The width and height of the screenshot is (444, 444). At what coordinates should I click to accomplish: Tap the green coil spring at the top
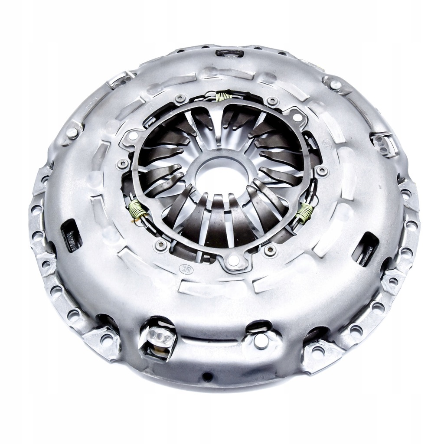(224, 96)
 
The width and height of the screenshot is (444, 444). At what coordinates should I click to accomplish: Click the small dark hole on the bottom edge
(207, 376)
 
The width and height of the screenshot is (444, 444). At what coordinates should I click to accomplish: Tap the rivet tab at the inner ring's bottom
(234, 261)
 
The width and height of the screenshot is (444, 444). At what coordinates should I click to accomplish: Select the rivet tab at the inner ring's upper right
(296, 116)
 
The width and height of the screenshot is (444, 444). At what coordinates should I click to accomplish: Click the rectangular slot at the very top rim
(229, 53)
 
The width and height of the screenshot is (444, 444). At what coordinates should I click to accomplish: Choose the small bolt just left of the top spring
(180, 99)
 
